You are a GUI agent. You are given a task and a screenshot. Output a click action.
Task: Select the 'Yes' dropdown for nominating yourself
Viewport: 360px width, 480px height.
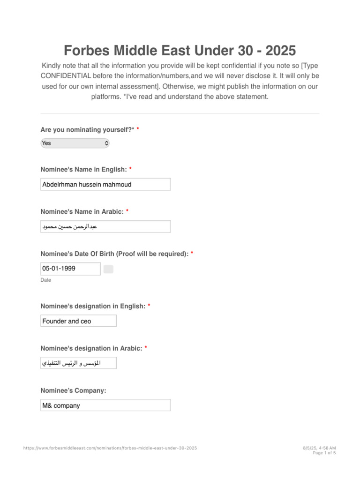(x=75, y=143)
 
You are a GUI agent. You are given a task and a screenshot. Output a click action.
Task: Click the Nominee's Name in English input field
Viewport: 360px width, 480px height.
(x=105, y=184)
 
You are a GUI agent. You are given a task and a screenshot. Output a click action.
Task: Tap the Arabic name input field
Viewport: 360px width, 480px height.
(x=105, y=226)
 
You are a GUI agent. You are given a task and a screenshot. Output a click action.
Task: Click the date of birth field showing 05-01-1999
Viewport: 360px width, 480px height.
(x=70, y=269)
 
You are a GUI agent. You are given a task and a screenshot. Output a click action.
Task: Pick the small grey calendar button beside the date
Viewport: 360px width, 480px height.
(x=108, y=269)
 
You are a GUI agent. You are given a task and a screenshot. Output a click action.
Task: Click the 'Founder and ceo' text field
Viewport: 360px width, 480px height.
(x=78, y=321)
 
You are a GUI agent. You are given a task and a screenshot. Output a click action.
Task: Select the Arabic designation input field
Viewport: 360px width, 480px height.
(x=78, y=363)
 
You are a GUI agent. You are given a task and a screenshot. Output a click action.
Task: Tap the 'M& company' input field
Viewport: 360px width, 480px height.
(x=105, y=405)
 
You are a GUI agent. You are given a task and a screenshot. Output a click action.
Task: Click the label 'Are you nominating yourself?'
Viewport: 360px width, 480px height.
(x=87, y=129)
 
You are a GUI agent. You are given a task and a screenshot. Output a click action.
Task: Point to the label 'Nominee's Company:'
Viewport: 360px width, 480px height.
(x=73, y=390)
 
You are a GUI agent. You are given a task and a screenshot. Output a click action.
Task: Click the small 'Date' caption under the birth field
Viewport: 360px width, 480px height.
(x=46, y=280)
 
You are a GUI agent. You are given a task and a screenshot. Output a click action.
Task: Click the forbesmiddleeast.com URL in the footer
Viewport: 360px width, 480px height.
(x=110, y=448)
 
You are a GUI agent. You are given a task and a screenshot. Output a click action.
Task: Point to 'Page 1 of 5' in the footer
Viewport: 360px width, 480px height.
(x=324, y=453)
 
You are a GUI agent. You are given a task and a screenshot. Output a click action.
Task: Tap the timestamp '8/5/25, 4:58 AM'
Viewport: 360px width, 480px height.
(x=319, y=448)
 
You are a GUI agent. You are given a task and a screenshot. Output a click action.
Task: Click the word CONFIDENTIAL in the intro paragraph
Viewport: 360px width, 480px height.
(x=66, y=76)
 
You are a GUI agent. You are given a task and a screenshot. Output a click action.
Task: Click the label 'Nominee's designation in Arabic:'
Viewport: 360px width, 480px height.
(x=91, y=348)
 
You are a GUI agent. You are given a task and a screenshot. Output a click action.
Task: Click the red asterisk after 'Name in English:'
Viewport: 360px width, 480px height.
(x=130, y=169)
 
